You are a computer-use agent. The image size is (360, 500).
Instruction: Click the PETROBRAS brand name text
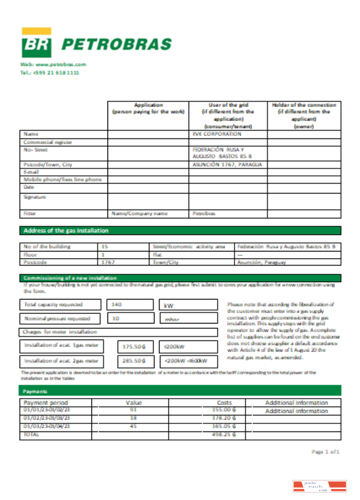click(x=116, y=44)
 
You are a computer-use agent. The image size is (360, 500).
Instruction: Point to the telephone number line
click(x=49, y=72)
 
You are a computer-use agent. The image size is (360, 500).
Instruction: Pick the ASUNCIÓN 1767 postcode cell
click(x=227, y=164)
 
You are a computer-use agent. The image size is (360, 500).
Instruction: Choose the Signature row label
click(x=35, y=197)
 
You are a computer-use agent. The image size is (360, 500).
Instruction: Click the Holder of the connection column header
click(x=304, y=115)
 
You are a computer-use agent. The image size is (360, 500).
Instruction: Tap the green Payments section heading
click(x=34, y=390)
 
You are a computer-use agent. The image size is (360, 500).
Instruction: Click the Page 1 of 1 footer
click(x=325, y=451)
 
